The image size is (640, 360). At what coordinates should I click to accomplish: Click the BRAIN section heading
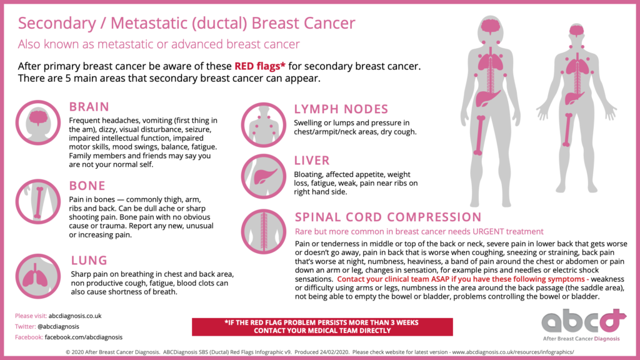click(x=89, y=107)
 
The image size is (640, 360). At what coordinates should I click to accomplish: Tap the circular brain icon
click(x=38, y=122)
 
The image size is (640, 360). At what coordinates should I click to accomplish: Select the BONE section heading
click(x=87, y=186)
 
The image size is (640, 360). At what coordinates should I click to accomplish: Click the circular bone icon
click(x=38, y=202)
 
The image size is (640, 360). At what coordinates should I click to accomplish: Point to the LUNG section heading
click(x=89, y=261)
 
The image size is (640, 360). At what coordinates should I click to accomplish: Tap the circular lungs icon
click(x=38, y=276)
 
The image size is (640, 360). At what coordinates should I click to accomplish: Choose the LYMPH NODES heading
click(x=341, y=109)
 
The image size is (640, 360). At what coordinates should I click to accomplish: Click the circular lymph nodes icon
click(x=263, y=125)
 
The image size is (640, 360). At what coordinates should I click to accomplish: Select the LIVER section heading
click(x=312, y=161)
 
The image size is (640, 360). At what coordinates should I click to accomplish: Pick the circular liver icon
click(x=263, y=176)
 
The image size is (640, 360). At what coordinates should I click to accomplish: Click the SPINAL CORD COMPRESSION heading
click(x=388, y=217)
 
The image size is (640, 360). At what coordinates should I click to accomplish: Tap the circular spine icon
click(x=263, y=231)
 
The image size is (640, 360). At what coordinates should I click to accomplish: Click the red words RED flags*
click(x=259, y=66)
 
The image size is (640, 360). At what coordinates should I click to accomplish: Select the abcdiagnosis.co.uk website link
click(x=75, y=316)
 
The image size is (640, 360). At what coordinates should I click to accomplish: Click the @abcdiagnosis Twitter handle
click(x=58, y=326)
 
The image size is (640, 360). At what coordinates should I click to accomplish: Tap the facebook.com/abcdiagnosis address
click(x=83, y=337)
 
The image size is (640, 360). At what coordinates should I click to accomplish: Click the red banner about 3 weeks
click(x=322, y=327)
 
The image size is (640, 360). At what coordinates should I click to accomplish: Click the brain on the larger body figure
click(x=490, y=26)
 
